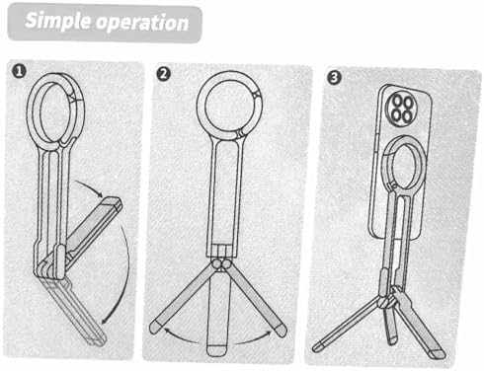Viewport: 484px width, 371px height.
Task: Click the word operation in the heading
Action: click(x=142, y=23)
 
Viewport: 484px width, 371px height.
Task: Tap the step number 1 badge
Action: click(x=19, y=71)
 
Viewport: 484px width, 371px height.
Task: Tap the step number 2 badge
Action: click(x=164, y=74)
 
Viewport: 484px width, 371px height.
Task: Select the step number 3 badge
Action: click(x=334, y=77)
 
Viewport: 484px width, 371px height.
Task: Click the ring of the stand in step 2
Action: click(x=201, y=106)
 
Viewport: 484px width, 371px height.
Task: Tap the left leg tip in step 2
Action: click(x=154, y=328)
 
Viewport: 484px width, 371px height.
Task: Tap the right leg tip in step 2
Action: click(x=281, y=330)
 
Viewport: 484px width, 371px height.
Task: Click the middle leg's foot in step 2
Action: click(x=217, y=350)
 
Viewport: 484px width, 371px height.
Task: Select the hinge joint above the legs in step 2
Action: click(x=222, y=264)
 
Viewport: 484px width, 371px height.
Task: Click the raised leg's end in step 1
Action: click(x=113, y=202)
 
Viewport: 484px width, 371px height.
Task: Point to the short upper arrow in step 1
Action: click(x=89, y=187)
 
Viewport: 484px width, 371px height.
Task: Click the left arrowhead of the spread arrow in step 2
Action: click(x=167, y=330)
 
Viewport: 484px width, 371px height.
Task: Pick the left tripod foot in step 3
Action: click(x=318, y=346)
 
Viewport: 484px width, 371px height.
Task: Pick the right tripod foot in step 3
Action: click(x=439, y=354)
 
